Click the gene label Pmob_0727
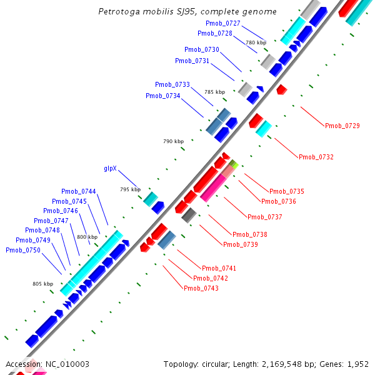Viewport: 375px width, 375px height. tap(223, 23)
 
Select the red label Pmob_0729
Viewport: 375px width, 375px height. tap(342, 126)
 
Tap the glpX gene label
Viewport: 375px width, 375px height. tap(110, 169)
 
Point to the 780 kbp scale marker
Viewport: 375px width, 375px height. tap(256, 42)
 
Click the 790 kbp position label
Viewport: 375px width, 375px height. tap(173, 142)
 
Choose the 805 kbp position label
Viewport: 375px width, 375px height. tap(42, 284)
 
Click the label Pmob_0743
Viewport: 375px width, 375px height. tap(201, 288)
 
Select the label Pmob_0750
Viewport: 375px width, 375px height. tap(22, 250)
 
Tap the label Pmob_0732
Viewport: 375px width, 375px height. tap(316, 157)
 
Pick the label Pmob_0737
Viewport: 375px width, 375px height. tap(265, 217)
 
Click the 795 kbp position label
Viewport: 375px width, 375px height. tap(131, 189)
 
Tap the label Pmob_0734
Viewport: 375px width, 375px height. tap(162, 96)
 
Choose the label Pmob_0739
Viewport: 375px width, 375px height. tap(241, 244)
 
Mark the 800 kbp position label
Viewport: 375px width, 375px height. tap(87, 237)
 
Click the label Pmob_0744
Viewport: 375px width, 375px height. tap(78, 191)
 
